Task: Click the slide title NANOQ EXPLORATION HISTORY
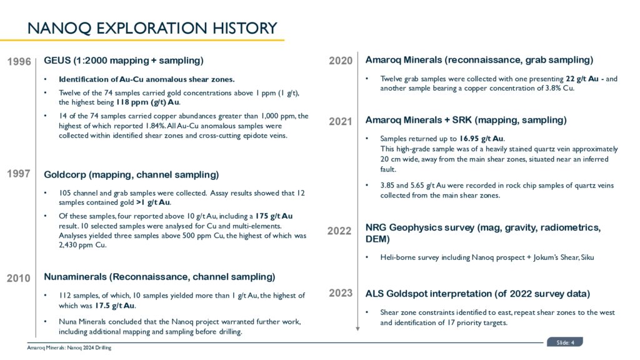tap(152, 28)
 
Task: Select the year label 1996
tap(19, 62)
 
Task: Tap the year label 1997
tap(19, 174)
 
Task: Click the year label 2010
tap(19, 279)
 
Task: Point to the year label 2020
tap(341, 61)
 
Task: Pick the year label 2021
tap(341, 122)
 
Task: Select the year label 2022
tap(340, 231)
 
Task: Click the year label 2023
tap(341, 293)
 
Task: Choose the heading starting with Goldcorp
tap(131, 174)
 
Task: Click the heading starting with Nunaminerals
tap(159, 276)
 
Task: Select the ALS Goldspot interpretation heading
tap(477, 293)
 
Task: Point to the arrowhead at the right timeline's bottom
tap(357, 327)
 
